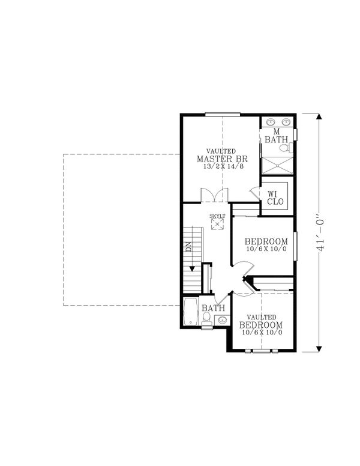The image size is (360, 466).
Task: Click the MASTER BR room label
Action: tap(221, 159)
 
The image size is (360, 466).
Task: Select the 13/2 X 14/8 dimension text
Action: tap(221, 167)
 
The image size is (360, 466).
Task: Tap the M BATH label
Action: tap(277, 135)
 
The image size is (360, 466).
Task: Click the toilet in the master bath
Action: tap(286, 147)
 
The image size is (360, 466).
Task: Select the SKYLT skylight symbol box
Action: tap(217, 224)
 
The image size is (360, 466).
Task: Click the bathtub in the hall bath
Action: tap(191, 312)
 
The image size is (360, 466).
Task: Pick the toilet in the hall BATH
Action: tap(207, 322)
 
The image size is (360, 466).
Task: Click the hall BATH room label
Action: tap(212, 308)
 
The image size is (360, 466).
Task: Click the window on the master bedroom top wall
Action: tap(223, 113)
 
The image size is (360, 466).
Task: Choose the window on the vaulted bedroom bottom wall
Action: tap(262, 350)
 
